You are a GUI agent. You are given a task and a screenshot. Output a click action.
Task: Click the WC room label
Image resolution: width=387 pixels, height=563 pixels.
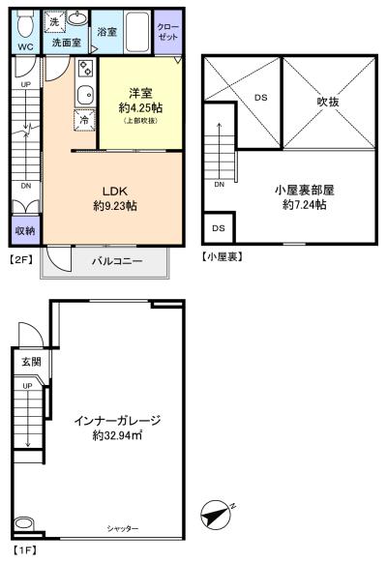tap(25, 46)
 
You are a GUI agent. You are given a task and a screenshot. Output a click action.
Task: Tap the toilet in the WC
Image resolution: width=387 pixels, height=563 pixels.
tap(25, 23)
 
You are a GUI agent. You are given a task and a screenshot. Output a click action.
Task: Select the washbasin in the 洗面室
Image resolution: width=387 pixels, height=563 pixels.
tap(77, 17)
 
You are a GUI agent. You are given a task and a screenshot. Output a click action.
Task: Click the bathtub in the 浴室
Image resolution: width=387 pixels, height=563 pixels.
tap(137, 32)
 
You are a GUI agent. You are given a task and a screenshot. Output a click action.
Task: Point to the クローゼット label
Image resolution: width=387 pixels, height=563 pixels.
tap(167, 32)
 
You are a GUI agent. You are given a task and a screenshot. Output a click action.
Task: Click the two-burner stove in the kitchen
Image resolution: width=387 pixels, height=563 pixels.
tap(86, 69)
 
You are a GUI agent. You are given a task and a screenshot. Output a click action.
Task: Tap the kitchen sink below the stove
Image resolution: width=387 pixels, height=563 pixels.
tap(86, 95)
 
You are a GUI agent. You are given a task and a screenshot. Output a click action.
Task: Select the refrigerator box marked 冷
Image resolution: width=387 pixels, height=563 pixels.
tap(84, 120)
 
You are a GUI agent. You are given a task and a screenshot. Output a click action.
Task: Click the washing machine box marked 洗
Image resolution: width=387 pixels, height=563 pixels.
tap(54, 21)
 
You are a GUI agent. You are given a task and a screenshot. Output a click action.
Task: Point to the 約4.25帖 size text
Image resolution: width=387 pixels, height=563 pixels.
tap(140, 107)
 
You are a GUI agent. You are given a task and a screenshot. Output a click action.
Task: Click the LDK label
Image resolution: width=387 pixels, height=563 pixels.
tap(115, 191)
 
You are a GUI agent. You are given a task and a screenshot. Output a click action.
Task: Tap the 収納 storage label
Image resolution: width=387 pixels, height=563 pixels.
tap(25, 230)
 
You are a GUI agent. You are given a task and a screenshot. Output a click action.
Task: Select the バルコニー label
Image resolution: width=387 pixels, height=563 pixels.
tap(117, 261)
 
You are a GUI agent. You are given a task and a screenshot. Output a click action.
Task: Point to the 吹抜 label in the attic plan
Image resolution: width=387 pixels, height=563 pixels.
tap(328, 102)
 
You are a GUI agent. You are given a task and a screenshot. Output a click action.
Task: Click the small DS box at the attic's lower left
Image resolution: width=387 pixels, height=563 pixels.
tap(219, 228)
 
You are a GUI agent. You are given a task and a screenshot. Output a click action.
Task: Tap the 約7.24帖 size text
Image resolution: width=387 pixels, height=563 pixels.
tap(305, 205)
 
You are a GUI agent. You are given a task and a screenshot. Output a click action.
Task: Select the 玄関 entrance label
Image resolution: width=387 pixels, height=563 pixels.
tap(31, 362)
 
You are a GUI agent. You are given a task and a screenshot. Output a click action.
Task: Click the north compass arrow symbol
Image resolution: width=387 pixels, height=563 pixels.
tap(216, 516)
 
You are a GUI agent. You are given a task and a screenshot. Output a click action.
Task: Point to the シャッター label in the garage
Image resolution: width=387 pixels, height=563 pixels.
tap(123, 528)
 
